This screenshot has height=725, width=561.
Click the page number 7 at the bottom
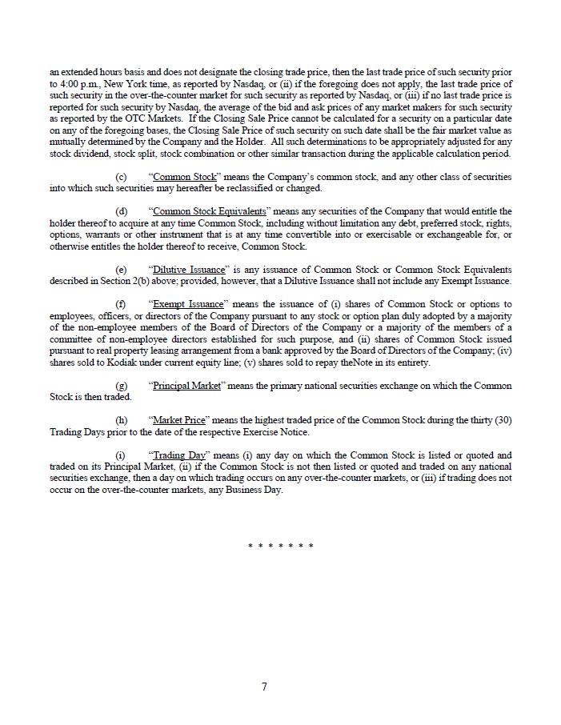coord(264,687)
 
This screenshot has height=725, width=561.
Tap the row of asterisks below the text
coord(280,547)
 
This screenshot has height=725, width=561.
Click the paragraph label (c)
coord(121,177)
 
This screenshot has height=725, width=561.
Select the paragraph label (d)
coord(121,211)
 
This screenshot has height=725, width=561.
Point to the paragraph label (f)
coord(121,304)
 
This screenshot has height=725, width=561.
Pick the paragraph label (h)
coord(121,420)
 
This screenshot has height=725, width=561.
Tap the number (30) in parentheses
coord(502,420)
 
